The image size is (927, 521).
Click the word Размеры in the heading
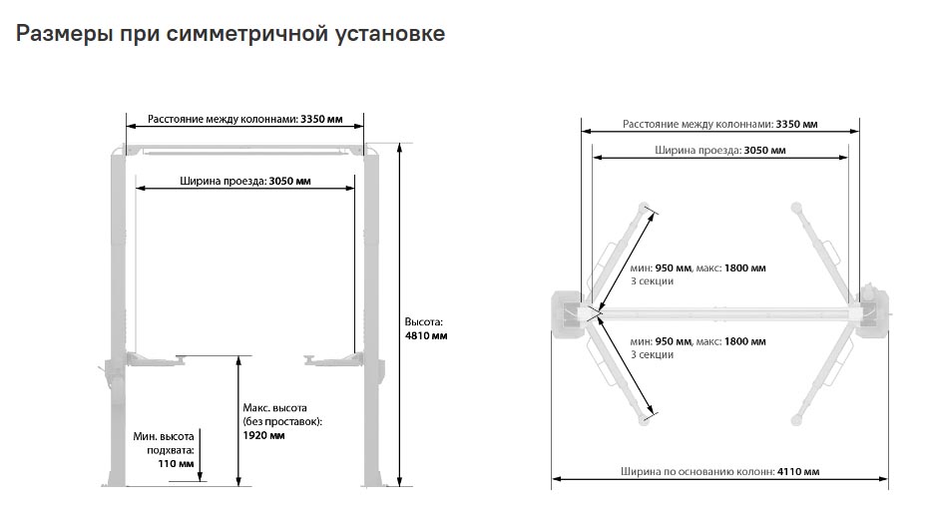pyautogui.click(x=65, y=34)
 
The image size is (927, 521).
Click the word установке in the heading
pyautogui.click(x=390, y=34)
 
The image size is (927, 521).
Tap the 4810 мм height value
pyautogui.click(x=426, y=336)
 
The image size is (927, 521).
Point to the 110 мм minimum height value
pyautogui.click(x=176, y=464)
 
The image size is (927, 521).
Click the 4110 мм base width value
pyautogui.click(x=798, y=471)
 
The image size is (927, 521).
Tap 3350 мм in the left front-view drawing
pyautogui.click(x=321, y=119)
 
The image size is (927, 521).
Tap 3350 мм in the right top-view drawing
pyautogui.click(x=796, y=124)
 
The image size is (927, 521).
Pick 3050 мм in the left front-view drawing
pyautogui.click(x=289, y=181)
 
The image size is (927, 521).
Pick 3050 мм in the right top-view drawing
pyautogui.click(x=764, y=150)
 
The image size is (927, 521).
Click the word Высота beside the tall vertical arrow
pyautogui.click(x=423, y=322)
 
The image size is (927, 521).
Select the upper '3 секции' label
pyautogui.click(x=652, y=280)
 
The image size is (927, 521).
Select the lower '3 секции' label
pyautogui.click(x=652, y=355)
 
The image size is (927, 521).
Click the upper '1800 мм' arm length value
pyautogui.click(x=745, y=267)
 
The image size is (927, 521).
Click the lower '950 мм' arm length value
pyautogui.click(x=673, y=341)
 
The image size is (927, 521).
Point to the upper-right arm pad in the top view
pyautogui.click(x=796, y=208)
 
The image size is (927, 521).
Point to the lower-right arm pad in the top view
pyautogui.click(x=796, y=420)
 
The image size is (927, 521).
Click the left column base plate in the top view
pyautogui.click(x=568, y=314)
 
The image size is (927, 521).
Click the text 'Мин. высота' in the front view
pyautogui.click(x=164, y=436)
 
